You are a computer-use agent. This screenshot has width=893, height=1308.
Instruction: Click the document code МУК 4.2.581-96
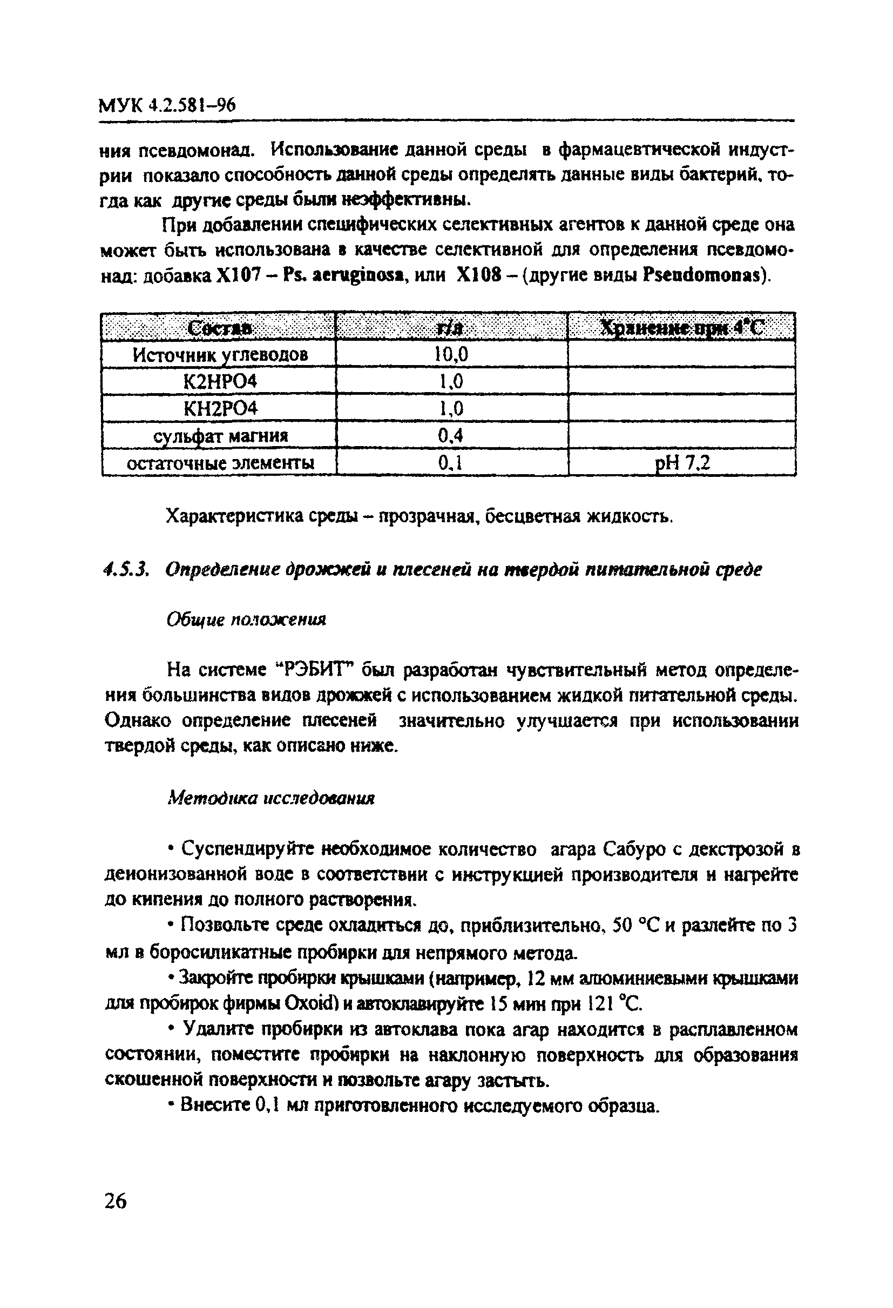tap(166, 105)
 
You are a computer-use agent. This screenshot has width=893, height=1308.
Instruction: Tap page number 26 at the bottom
tap(116, 1201)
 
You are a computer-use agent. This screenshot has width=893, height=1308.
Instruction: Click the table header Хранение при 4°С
tap(681, 327)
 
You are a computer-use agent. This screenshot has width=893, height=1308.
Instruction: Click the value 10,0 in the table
tap(451, 355)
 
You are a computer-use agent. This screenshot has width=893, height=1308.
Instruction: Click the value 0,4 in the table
tap(451, 436)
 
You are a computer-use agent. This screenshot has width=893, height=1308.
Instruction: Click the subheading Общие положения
tap(246, 619)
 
